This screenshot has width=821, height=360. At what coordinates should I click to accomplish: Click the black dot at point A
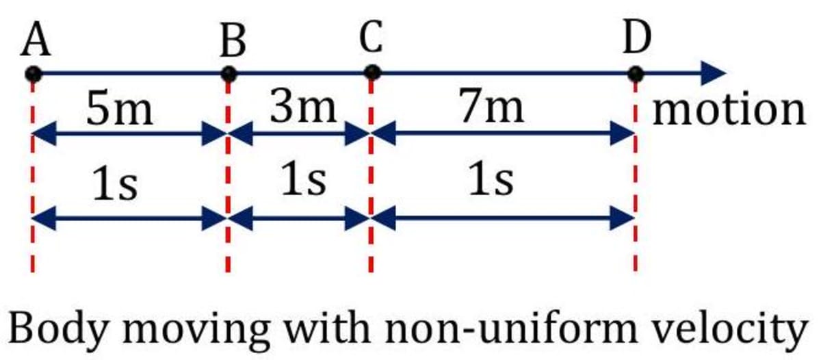coord(33,73)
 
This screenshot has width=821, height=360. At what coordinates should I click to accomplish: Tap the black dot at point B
coord(229,73)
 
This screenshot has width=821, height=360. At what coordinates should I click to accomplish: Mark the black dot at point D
coord(636,73)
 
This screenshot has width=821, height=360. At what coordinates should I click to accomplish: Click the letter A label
coord(36,43)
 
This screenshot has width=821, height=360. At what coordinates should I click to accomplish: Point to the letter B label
coord(233,44)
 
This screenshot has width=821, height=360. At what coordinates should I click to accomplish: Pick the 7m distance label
coord(493,107)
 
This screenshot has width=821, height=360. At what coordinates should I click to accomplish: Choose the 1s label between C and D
coord(491,181)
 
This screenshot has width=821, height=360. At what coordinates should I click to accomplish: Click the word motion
coord(729,110)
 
